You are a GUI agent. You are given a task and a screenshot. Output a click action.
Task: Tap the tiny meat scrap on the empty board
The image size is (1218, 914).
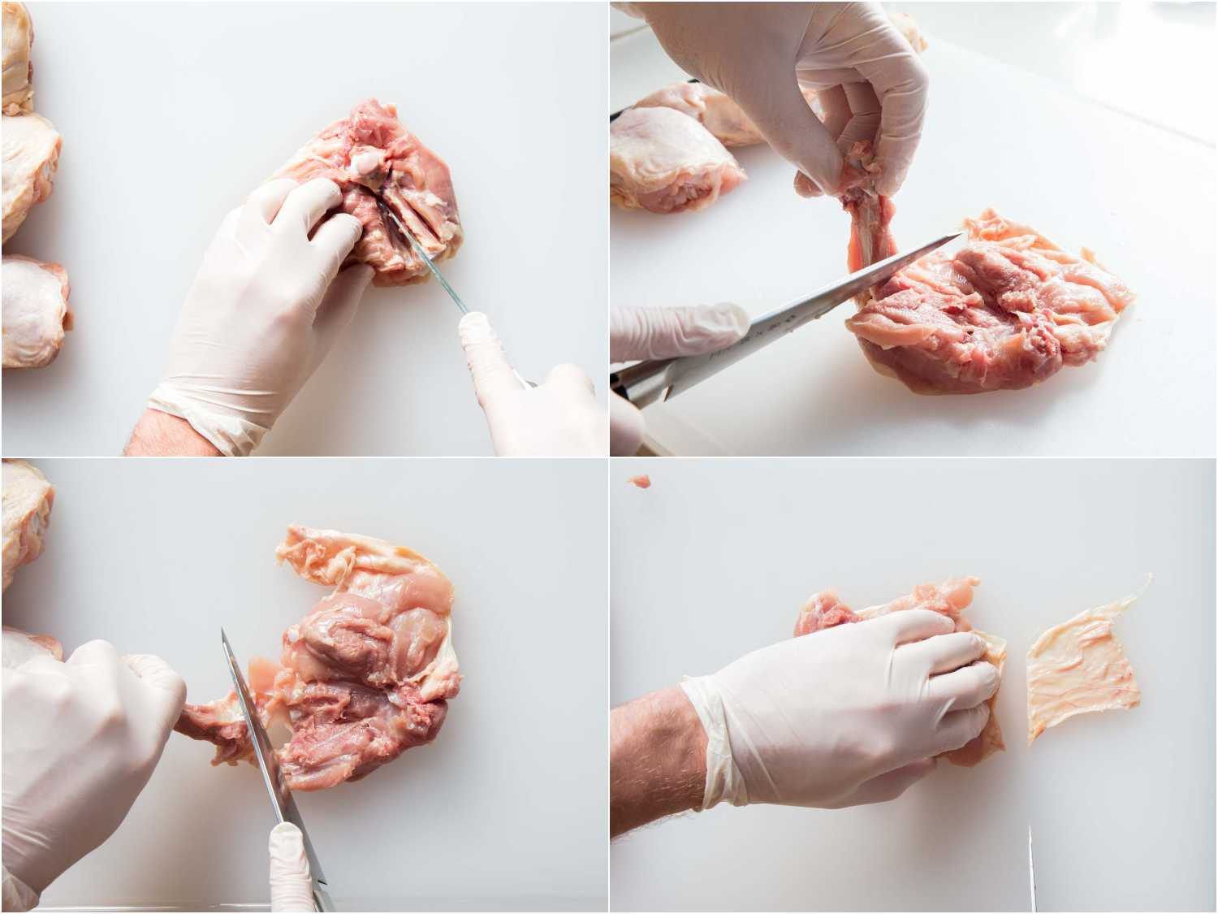tap(641, 481)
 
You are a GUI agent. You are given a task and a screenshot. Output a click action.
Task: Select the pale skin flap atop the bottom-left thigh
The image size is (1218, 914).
tap(341, 552)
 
